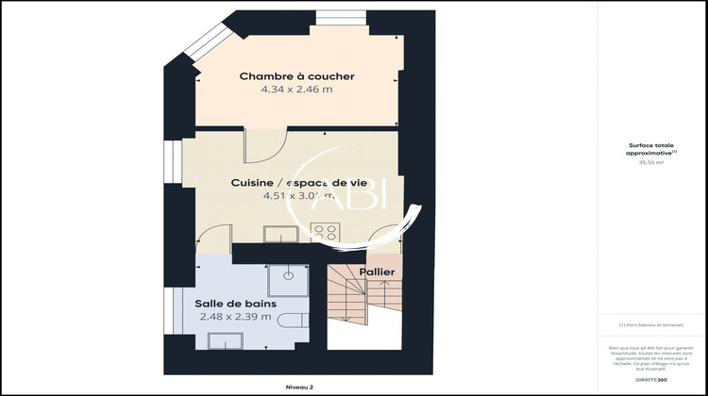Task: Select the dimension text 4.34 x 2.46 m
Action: pyautogui.click(x=295, y=90)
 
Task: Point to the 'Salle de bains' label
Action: pyautogui.click(x=235, y=303)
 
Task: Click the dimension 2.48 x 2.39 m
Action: pyautogui.click(x=235, y=317)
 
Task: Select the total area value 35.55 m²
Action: pyautogui.click(x=651, y=162)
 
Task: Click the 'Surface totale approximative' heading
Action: pyautogui.click(x=651, y=149)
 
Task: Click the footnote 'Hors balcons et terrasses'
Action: pyautogui.click(x=651, y=325)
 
